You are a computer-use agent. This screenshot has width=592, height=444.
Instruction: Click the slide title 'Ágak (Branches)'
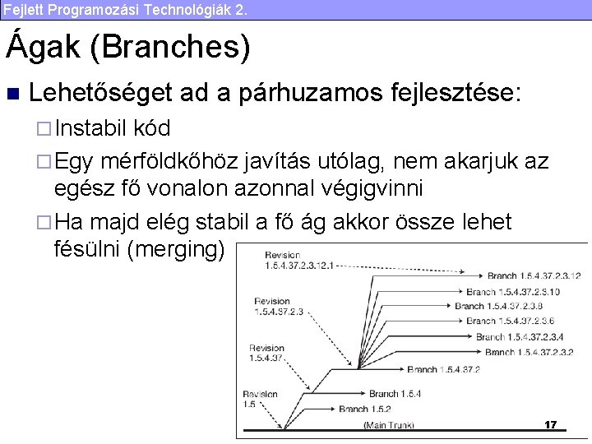tap(128, 47)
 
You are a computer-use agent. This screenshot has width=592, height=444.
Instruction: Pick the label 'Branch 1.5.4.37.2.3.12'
tap(534, 275)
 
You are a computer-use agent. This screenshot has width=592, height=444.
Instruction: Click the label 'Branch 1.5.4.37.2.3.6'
tap(510, 321)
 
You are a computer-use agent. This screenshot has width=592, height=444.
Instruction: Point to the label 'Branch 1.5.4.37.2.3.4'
tap(520, 336)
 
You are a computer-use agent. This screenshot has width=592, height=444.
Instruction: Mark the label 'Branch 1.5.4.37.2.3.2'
tap(530, 352)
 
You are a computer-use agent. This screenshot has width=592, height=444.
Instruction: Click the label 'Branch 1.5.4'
tap(395, 394)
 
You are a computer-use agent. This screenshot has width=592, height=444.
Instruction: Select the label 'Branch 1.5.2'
tap(364, 409)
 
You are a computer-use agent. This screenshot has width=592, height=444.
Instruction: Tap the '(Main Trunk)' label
tap(389, 425)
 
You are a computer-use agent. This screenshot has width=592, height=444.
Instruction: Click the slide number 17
tap(550, 425)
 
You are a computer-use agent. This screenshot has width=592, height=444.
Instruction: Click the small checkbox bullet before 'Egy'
tap(46, 161)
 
